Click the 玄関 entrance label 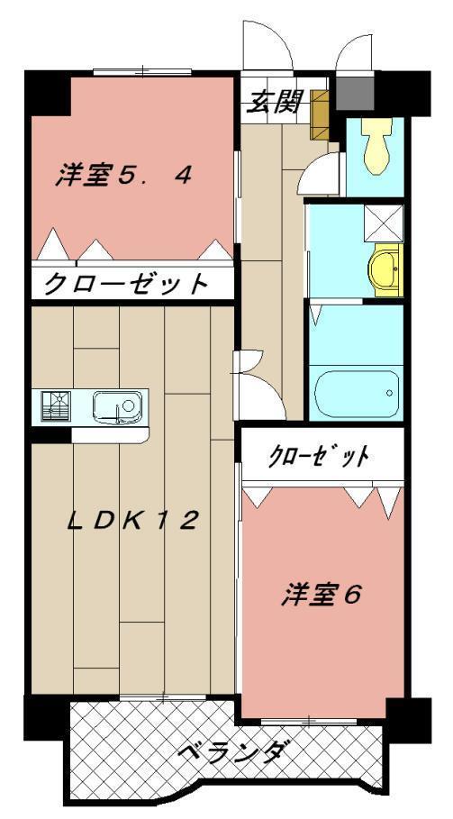(274, 103)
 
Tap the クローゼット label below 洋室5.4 (126, 285)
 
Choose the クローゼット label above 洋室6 (319, 456)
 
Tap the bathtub (356, 394)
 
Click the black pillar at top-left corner (47, 90)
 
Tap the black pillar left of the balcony (45, 716)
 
